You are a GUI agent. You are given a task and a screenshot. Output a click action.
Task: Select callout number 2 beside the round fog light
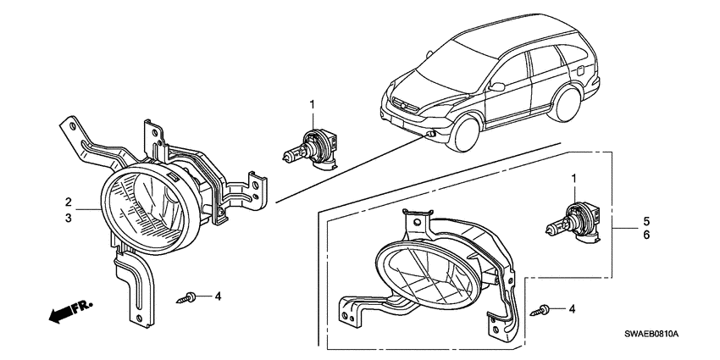click(68, 202)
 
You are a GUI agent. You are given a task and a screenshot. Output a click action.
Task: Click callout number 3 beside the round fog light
click(68, 218)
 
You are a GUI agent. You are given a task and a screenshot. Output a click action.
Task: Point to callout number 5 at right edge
click(646, 220)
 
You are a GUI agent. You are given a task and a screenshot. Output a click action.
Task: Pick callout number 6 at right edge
click(646, 235)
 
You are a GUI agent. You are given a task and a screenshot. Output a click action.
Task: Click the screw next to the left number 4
click(186, 297)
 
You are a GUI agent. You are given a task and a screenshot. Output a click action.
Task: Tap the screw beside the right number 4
click(540, 310)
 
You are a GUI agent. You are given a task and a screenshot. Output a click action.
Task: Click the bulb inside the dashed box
click(573, 224)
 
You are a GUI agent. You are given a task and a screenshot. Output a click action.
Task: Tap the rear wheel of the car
click(565, 104)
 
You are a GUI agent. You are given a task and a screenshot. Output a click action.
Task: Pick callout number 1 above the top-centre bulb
click(313, 105)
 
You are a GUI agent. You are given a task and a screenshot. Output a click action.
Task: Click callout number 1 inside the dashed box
click(573, 178)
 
